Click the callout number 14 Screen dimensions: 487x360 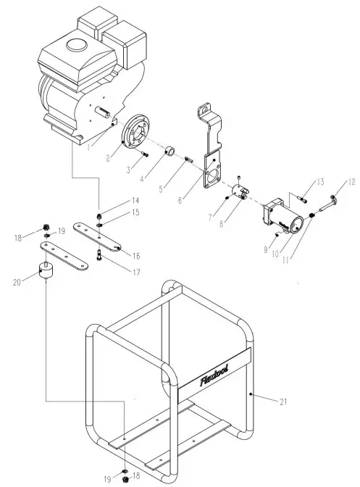[114, 200]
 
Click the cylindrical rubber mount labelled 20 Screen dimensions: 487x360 [50, 275]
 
